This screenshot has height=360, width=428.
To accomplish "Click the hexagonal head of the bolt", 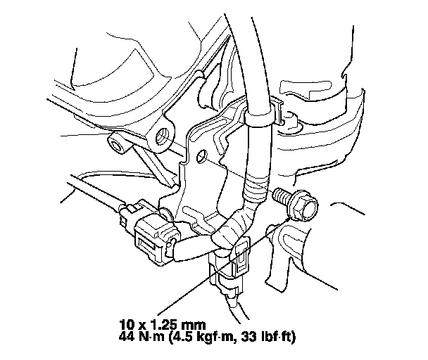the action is (309, 206).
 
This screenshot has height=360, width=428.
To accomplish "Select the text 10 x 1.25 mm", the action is (162, 325).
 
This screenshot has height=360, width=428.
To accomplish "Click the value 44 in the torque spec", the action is (127, 337).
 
